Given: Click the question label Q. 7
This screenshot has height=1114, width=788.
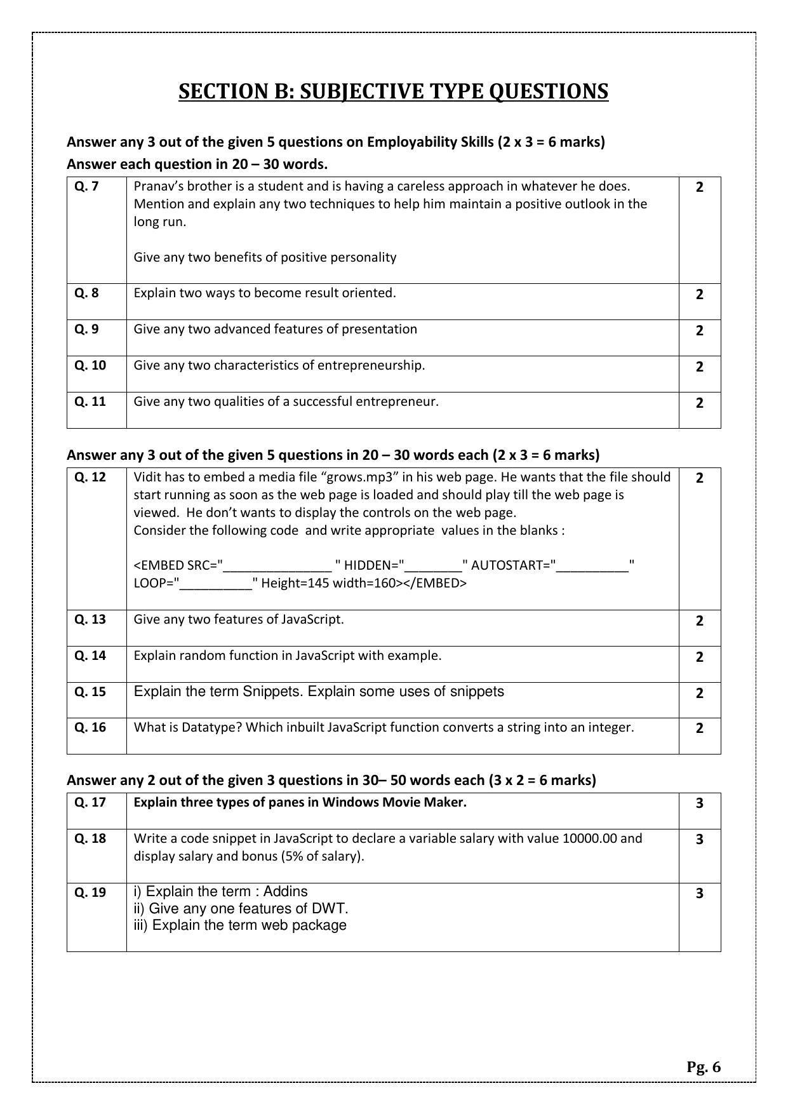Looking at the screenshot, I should pyautogui.click(x=86, y=186).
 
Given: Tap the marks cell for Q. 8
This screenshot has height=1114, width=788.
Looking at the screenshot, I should pyautogui.click(x=699, y=295).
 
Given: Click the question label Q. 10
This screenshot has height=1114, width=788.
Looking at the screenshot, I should pyautogui.click(x=90, y=365).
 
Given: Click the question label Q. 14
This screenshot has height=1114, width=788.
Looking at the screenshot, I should pyautogui.click(x=90, y=655).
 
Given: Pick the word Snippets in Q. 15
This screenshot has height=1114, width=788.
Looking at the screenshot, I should pyautogui.click(x=272, y=692).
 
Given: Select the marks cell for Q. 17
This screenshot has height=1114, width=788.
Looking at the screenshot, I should pyautogui.click(x=699, y=803).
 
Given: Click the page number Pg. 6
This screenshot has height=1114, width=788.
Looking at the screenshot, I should pyautogui.click(x=703, y=1067).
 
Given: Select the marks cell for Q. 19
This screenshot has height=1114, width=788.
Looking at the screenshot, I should pyautogui.click(x=699, y=894).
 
